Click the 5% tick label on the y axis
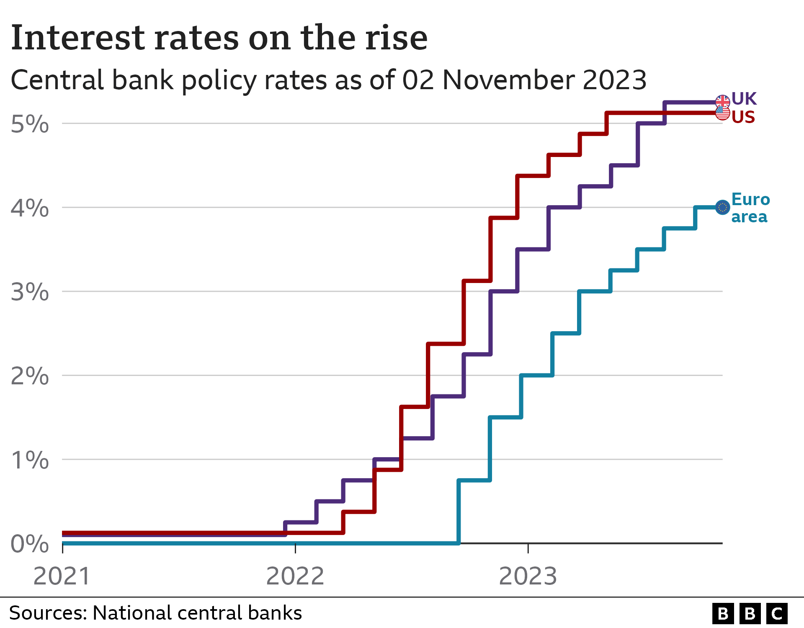[x=30, y=124]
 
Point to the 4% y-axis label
[x=30, y=208]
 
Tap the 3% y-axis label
[x=30, y=292]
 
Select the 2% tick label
[x=30, y=376]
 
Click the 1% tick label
[x=30, y=460]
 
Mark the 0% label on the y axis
[x=30, y=544]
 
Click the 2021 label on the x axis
[x=62, y=576]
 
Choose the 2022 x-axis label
[x=295, y=576]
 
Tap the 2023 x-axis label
[x=528, y=576]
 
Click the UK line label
[x=744, y=99]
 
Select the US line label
[x=743, y=117]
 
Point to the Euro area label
[x=750, y=208]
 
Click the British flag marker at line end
[x=722, y=101]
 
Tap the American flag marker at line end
[x=722, y=113]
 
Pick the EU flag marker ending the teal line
[x=722, y=207]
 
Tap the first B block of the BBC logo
[x=723, y=614]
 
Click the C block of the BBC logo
[x=777, y=614]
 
